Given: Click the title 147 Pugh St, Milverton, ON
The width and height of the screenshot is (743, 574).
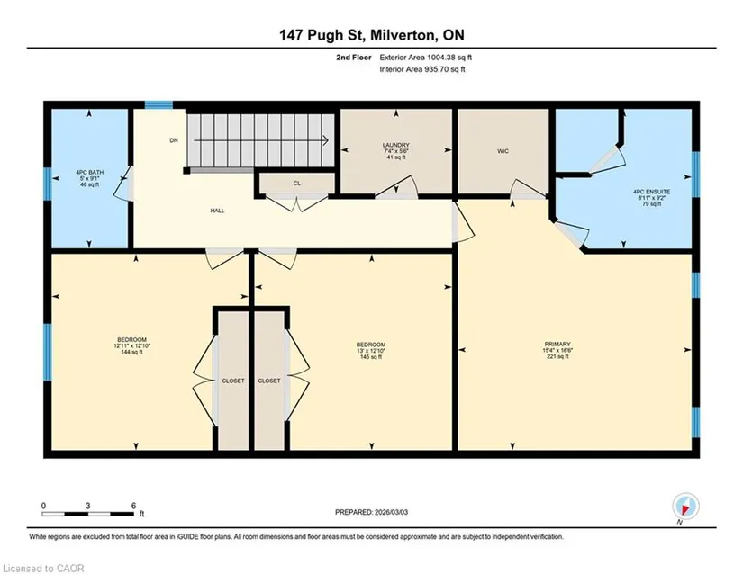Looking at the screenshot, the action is point(371,35).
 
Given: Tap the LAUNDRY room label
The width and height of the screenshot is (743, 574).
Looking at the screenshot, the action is point(396,145).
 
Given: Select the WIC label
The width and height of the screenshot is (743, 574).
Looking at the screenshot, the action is point(503,151).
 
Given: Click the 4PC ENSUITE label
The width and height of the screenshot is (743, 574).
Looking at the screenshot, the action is point(651,193).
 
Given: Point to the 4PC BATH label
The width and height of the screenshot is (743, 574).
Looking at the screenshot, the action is point(89,173).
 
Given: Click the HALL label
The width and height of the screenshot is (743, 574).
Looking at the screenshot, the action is point(218,211).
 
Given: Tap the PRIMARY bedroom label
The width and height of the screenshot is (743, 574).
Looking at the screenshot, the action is point(557,345).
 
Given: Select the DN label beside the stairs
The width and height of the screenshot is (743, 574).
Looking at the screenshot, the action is point(174,140).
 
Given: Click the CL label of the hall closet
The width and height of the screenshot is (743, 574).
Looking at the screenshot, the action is point(296,184).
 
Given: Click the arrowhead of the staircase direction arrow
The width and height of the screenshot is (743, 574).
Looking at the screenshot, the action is point(326,140).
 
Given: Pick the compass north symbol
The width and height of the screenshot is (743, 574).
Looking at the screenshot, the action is point(685,507).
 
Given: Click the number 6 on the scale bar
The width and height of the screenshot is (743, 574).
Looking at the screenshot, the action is point(133,506).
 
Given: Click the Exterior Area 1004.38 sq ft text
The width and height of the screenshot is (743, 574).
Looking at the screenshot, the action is point(425,58).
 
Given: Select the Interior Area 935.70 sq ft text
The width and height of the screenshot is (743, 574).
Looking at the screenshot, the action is point(422,69).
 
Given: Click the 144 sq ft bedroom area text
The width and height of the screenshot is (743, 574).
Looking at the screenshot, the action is point(131,352).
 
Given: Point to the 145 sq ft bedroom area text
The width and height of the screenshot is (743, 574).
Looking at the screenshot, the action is point(371,357).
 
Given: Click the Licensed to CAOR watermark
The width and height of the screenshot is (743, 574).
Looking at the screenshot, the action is point(43,569).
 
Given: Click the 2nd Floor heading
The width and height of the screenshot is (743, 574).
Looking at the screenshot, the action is point(354,58).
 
